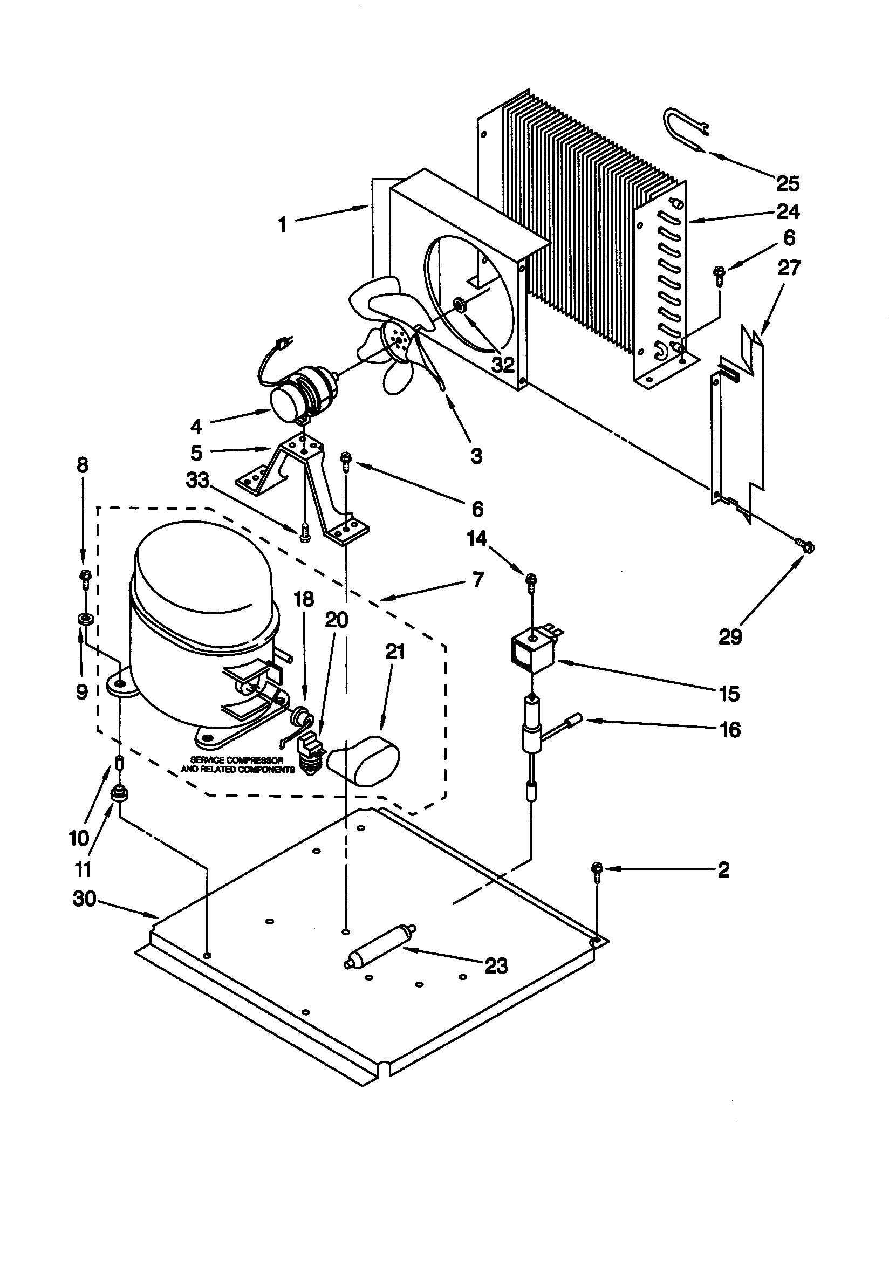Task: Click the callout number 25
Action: [x=788, y=183]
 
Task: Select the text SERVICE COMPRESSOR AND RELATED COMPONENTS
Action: [x=237, y=764]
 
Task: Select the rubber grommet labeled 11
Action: [x=117, y=793]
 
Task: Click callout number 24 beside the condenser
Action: [x=788, y=211]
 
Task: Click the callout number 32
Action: [x=503, y=364]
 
